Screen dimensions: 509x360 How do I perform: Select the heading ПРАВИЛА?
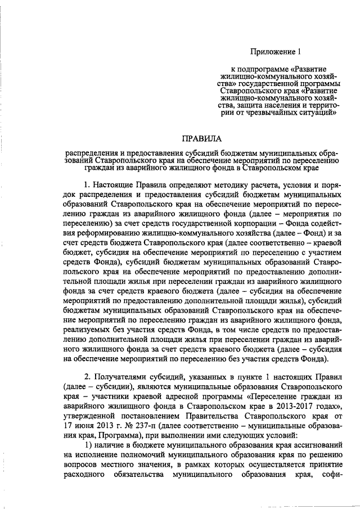pyautogui.click(x=201, y=138)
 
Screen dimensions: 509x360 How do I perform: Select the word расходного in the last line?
pyautogui.click(x=89, y=476)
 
